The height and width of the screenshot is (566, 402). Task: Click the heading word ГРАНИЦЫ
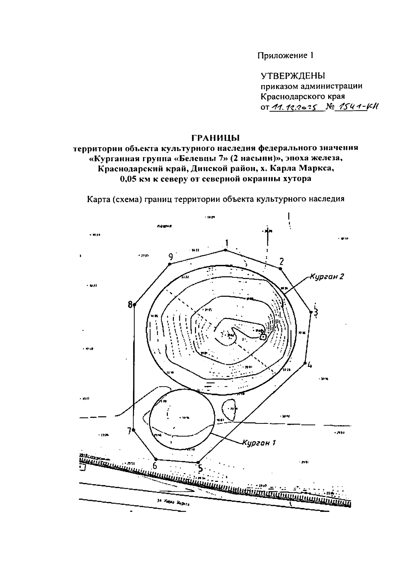pyautogui.click(x=216, y=138)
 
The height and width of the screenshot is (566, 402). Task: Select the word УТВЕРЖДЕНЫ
pyautogui.click(x=293, y=75)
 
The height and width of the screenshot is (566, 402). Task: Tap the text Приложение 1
pyautogui.click(x=285, y=55)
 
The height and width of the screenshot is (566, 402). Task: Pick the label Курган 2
pyautogui.click(x=327, y=277)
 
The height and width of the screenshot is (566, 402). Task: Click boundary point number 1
pyautogui.click(x=225, y=250)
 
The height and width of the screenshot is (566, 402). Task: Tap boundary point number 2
pyautogui.click(x=280, y=268)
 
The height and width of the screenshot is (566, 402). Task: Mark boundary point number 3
pyautogui.click(x=311, y=312)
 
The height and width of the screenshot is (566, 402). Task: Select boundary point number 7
pyautogui.click(x=133, y=430)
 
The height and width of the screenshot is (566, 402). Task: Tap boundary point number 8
pyautogui.click(x=134, y=305)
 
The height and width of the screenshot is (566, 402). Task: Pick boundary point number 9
pyautogui.click(x=170, y=264)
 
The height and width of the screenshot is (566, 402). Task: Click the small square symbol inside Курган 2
pyautogui.click(x=263, y=337)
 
